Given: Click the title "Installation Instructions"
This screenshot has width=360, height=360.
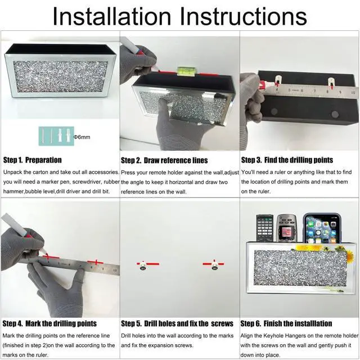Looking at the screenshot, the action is click(180, 16).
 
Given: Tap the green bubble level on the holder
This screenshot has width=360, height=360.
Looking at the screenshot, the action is click(186, 71).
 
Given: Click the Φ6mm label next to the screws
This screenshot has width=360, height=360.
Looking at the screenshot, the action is click(82, 137).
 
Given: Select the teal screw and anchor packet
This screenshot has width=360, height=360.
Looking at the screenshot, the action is click(56, 136).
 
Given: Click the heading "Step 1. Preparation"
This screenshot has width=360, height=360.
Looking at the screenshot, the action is click(33, 160).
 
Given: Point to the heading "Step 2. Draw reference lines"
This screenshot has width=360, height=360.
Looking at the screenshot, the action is click(164, 160).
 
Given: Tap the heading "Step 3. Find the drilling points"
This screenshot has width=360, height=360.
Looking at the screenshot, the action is click(287, 160).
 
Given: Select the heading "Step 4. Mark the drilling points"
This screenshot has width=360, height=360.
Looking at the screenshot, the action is click(49, 323).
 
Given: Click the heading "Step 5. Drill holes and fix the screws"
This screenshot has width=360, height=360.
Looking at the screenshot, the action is click(177, 323).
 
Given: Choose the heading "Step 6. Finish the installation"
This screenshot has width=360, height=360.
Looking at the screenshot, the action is click(286, 323).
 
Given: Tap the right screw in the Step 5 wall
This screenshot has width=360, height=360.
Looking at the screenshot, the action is click(215, 265).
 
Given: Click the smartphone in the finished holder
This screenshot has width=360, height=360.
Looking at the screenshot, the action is click(322, 228).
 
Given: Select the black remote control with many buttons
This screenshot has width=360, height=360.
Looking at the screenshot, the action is click(265, 228).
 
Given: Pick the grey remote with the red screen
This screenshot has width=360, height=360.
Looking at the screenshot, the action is click(286, 228).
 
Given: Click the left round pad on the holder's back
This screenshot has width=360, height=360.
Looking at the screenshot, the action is click(274, 112).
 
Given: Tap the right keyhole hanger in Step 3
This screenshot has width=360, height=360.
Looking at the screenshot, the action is click(331, 83).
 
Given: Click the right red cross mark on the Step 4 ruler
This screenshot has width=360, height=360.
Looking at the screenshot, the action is click(96, 262).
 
